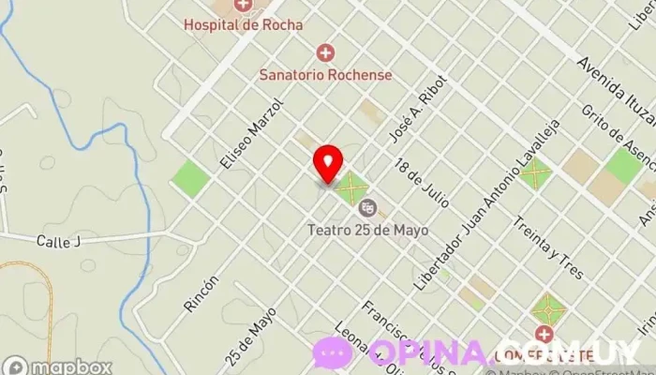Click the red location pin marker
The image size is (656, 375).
click(328, 164)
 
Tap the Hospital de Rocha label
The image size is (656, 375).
click(243, 25)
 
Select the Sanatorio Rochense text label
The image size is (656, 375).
click(326, 73)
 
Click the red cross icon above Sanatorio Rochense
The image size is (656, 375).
click(325, 52)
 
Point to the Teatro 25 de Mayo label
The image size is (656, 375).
click(367, 228)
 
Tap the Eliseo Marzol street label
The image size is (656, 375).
click(250, 136)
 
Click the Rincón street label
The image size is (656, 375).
click(202, 292)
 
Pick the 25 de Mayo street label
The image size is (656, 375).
click(251, 335)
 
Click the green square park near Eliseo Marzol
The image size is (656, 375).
click(190, 176)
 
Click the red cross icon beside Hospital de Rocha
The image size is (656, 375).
click(243, 6)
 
